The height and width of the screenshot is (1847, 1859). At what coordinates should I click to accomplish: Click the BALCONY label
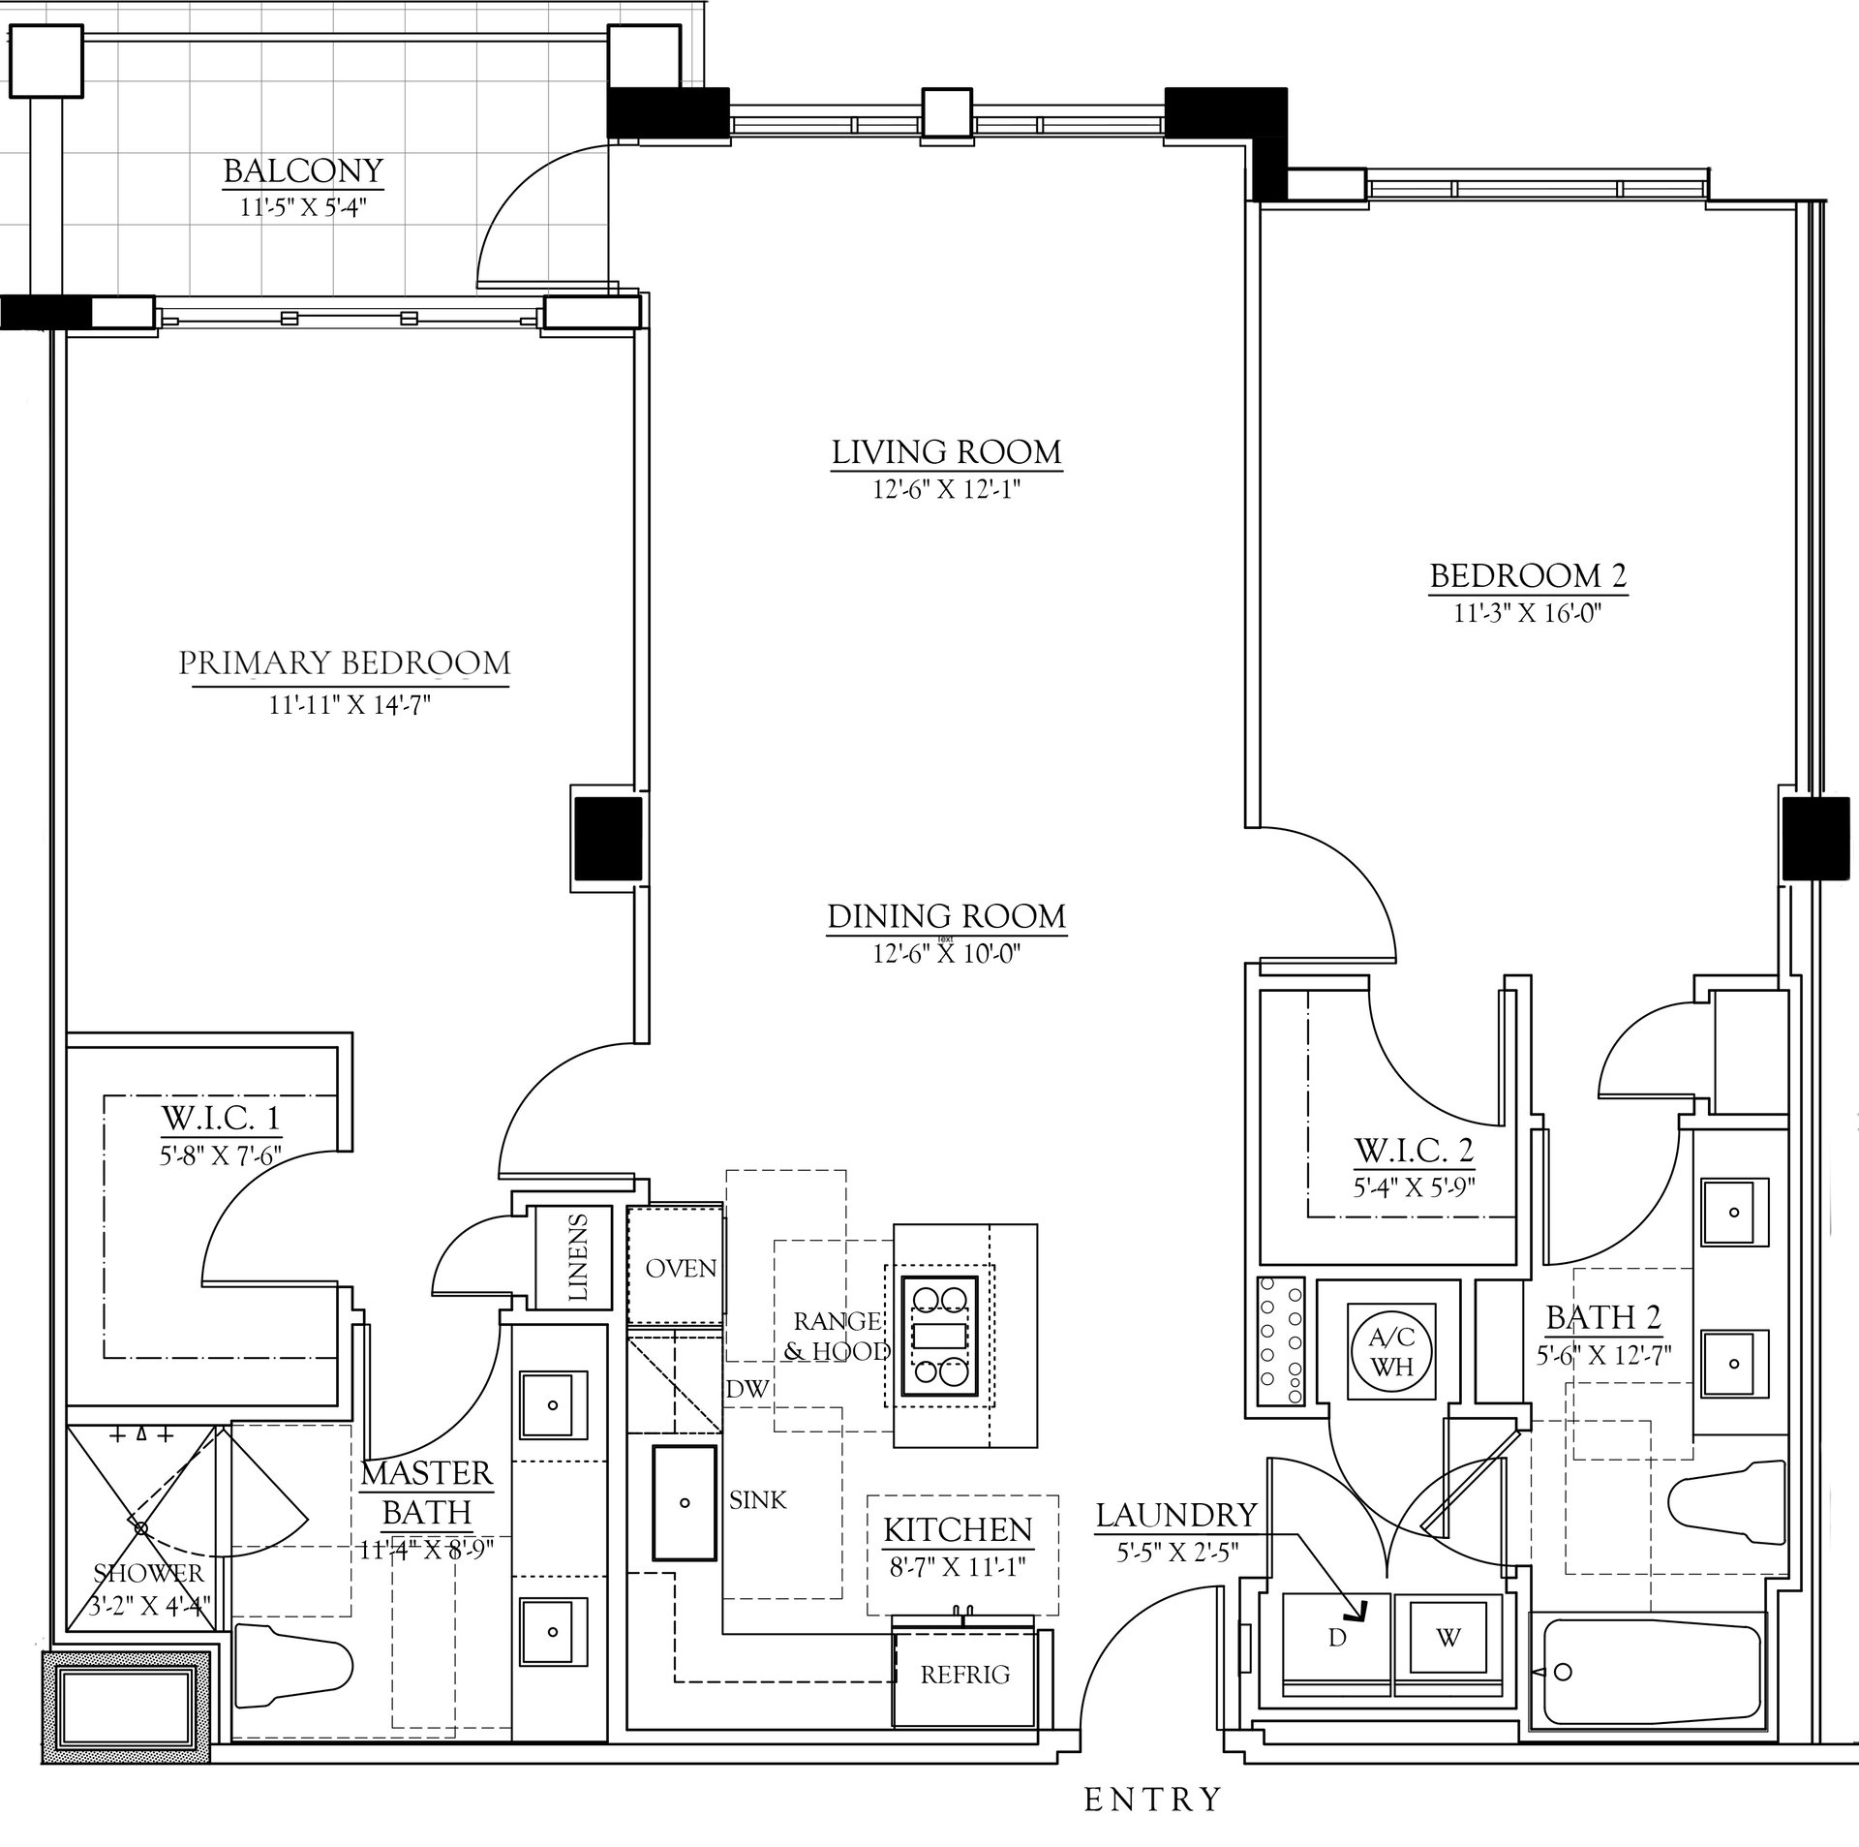[x=303, y=171]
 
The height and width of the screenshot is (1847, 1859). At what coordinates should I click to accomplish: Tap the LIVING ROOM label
[x=946, y=452]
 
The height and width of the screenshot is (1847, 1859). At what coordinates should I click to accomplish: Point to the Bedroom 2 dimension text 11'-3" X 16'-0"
[x=1528, y=615]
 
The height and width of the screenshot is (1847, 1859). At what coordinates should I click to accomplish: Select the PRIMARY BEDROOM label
[x=345, y=663]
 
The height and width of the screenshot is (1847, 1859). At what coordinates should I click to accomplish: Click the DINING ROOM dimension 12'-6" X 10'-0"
[x=947, y=954]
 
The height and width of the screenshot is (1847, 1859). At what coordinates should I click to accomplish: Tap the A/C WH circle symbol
[x=1392, y=1352]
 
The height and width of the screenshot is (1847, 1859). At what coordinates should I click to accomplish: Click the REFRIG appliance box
[x=965, y=1675]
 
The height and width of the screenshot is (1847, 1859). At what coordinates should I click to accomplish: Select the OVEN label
[x=681, y=1268]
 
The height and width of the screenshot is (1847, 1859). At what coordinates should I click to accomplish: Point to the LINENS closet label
[x=578, y=1256]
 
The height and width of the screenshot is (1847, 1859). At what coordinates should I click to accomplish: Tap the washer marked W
[x=1448, y=1638]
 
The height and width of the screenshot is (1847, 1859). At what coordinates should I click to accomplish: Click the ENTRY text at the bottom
[x=1152, y=1800]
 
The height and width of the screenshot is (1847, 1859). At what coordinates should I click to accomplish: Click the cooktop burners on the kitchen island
[x=937, y=1336]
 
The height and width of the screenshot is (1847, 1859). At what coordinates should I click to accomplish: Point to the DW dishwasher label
[x=747, y=1388]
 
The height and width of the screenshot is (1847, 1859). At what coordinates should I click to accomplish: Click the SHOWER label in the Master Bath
[x=149, y=1573]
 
